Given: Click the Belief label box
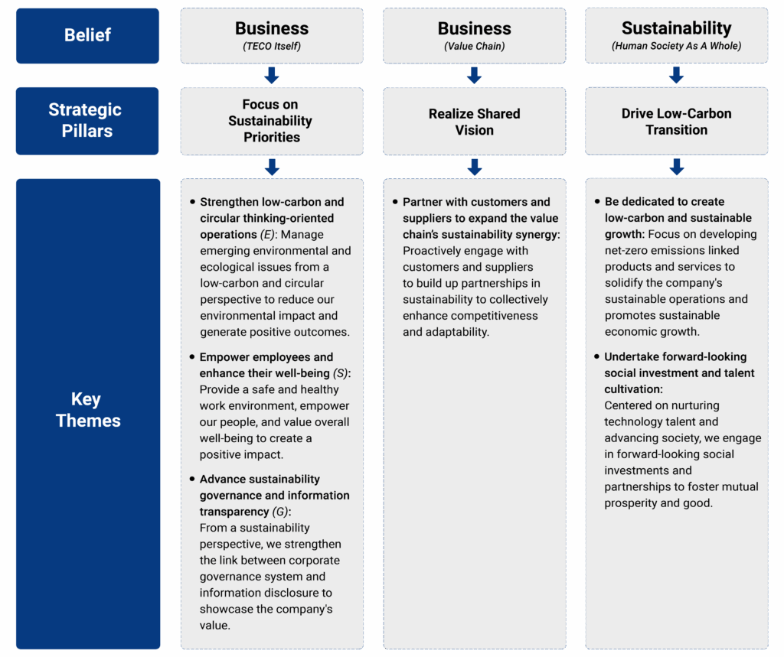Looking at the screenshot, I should tap(87, 35).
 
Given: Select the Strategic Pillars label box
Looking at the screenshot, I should tap(87, 120).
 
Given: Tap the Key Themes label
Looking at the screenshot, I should tap(87, 410).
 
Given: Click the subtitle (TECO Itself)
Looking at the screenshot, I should tap(272, 47).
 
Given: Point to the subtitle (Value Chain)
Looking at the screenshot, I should tap(474, 47).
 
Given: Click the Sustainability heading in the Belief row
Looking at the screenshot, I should tap(676, 28).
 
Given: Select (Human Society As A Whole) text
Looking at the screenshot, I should tap(676, 47).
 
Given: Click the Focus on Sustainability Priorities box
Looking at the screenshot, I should tap(272, 121).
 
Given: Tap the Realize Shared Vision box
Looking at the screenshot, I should tap(474, 122).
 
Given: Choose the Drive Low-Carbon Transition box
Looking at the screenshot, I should tap(676, 122).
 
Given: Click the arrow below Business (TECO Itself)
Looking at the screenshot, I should tap(272, 75).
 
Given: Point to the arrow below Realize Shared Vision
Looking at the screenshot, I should tap(474, 167).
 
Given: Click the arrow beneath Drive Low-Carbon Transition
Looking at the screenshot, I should tap(676, 167).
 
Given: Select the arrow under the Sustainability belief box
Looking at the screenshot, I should tap(676, 75).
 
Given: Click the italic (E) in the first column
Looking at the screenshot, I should tap(267, 235).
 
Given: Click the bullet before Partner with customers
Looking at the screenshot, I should tap(395, 203).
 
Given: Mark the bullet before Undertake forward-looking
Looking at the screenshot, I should tap(596, 357).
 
